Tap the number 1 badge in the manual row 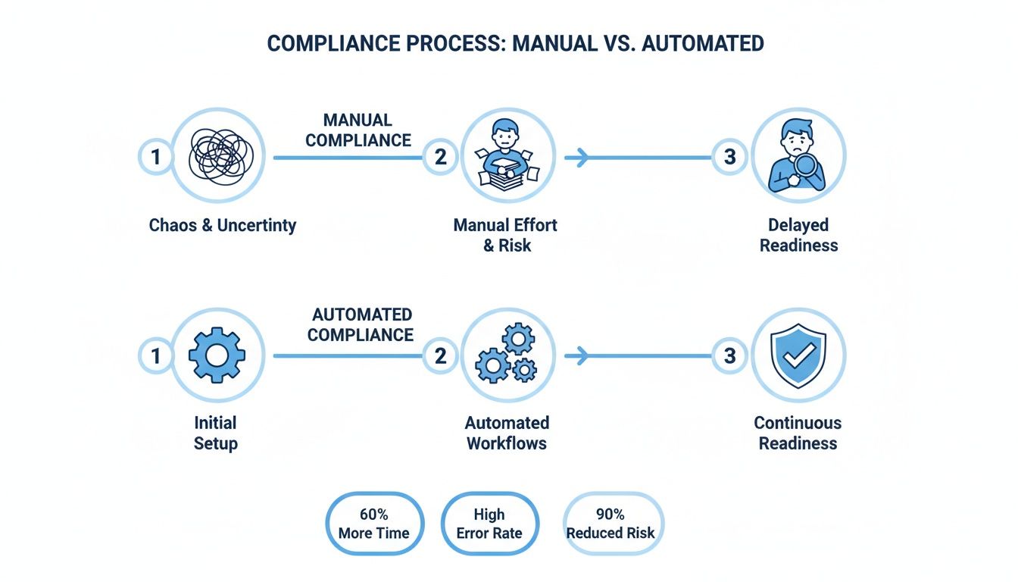tap(155, 157)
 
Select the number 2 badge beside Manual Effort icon tap(440, 157)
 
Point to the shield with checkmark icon tap(798, 354)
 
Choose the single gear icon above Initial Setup tap(217, 354)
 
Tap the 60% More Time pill tap(375, 524)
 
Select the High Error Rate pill tap(489, 524)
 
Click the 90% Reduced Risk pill tap(610, 524)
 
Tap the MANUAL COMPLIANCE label tap(358, 130)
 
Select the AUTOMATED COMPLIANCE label tap(361, 324)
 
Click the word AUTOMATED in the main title tap(702, 43)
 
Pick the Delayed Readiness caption tap(798, 235)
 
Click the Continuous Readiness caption tap(798, 433)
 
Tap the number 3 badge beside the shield tap(729, 355)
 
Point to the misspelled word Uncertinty tap(257, 225)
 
